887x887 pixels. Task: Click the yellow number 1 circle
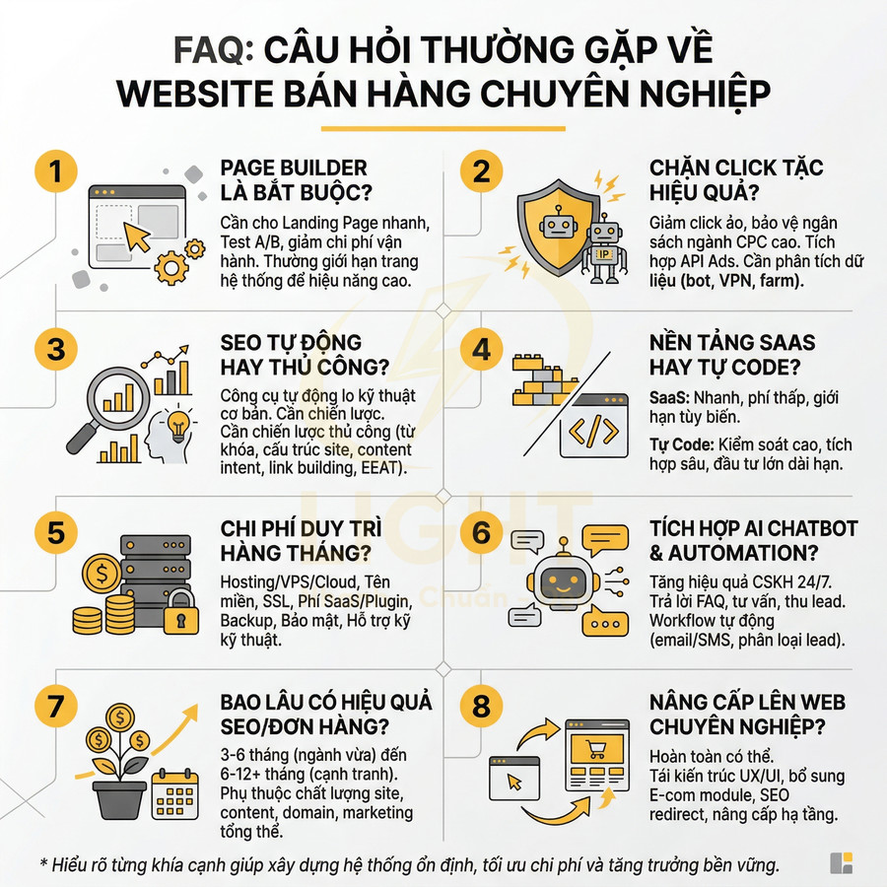pyautogui.click(x=55, y=171)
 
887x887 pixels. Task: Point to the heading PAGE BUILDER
pyautogui.click(x=294, y=168)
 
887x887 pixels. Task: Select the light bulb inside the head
pyautogui.click(x=178, y=428)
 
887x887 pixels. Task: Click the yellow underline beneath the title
pyautogui.click(x=443, y=127)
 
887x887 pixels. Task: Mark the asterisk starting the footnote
pyautogui.click(x=42, y=863)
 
